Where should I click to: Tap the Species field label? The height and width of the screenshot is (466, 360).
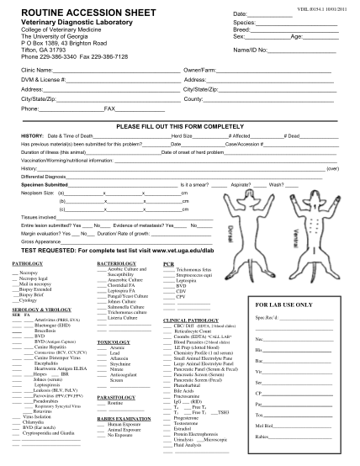coord(246,23)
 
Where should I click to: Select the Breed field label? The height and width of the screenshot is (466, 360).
coord(243,30)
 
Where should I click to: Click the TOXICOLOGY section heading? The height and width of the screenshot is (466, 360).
coord(114,342)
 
